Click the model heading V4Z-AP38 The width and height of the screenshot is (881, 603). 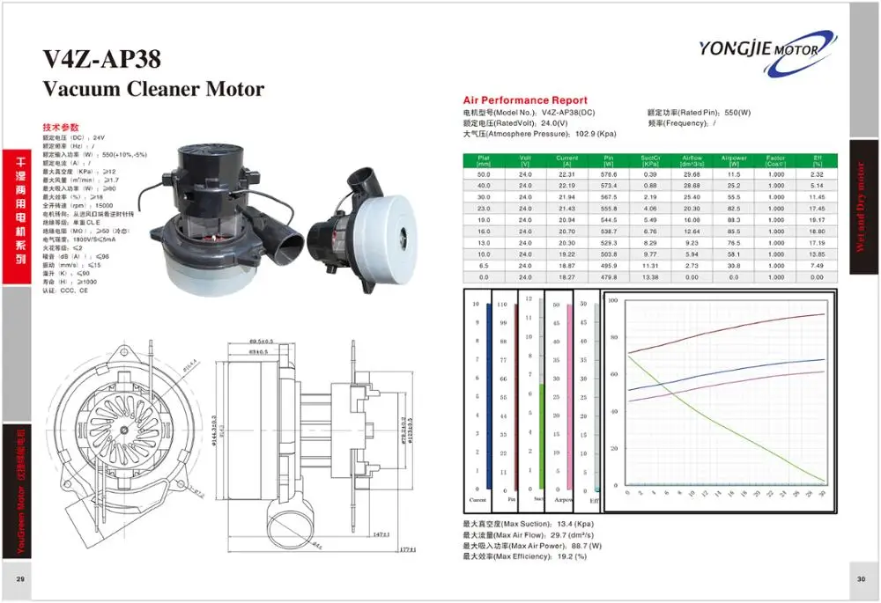(102, 60)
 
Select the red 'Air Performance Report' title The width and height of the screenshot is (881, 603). (525, 100)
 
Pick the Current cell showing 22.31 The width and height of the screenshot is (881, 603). (567, 175)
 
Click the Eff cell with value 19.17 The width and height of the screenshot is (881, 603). (817, 217)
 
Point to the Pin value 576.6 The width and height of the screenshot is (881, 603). (609, 175)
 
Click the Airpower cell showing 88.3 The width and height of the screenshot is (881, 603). (734, 217)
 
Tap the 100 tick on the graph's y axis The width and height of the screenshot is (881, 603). (613, 300)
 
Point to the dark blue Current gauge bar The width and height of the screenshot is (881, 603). (486, 396)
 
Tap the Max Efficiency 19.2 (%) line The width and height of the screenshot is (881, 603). (525, 556)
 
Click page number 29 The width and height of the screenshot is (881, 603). (19, 578)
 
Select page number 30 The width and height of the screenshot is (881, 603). (861, 578)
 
